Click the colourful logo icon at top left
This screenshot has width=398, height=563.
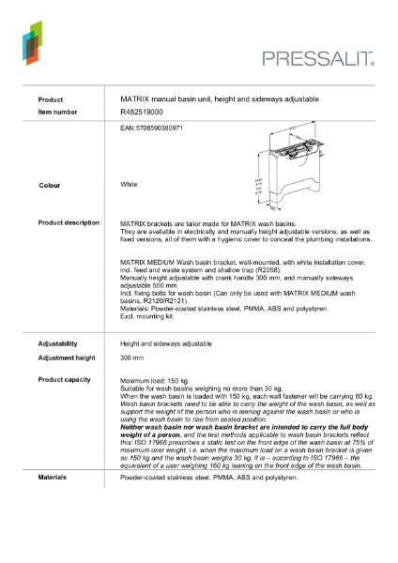click(x=31, y=41)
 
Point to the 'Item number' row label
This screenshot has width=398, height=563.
click(x=57, y=112)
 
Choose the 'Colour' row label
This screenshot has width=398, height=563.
click(x=49, y=186)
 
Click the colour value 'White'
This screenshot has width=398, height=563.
click(x=129, y=185)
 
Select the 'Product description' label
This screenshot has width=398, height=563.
click(x=69, y=222)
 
